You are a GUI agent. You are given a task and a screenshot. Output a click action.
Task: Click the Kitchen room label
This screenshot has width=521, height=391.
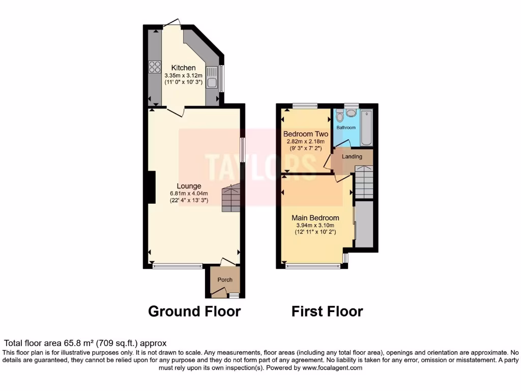pyautogui.click(x=183, y=68)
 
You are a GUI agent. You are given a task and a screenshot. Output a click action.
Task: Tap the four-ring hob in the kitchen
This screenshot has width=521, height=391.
pyautogui.click(x=155, y=67)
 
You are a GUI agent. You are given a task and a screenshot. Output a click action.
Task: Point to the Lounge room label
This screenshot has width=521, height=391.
pyautogui.click(x=189, y=186)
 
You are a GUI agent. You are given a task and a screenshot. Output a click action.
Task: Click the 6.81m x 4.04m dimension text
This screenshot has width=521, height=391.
pyautogui.click(x=189, y=193)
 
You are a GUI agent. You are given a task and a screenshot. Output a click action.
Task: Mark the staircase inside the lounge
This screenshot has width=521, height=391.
pyautogui.click(x=230, y=199)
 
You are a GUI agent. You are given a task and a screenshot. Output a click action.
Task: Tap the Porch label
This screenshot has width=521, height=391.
pyautogui.click(x=225, y=280)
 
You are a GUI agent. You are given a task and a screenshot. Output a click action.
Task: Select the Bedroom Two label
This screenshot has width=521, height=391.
pyautogui.click(x=305, y=134)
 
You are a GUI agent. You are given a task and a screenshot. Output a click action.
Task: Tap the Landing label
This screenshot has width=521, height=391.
pyautogui.click(x=352, y=157)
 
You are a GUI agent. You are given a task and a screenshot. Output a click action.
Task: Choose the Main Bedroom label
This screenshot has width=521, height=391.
pyautogui.click(x=315, y=218)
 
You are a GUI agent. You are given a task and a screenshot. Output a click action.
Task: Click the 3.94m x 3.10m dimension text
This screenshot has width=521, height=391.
pyautogui.click(x=315, y=226)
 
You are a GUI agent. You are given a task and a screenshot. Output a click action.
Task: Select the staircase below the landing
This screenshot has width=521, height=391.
pyautogui.click(x=364, y=183)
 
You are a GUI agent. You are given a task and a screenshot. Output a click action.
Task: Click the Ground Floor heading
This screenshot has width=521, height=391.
pyautogui.click(x=194, y=311)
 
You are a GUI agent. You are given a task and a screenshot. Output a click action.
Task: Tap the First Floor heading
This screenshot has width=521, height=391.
pyautogui.click(x=327, y=311)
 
